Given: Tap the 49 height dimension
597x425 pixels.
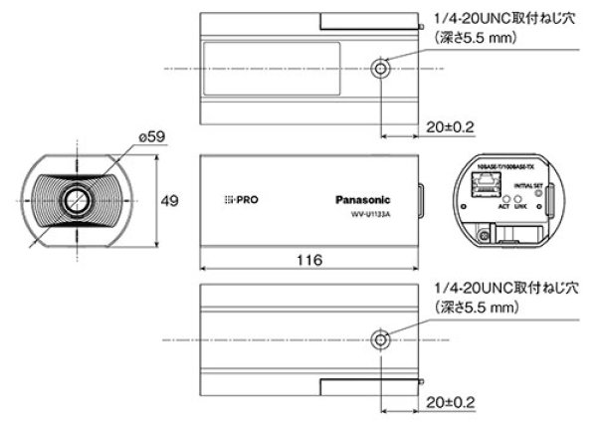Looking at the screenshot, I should [170, 202].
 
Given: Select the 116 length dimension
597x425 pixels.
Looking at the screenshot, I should [309, 261].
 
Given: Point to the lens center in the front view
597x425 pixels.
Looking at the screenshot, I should [73, 199].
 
